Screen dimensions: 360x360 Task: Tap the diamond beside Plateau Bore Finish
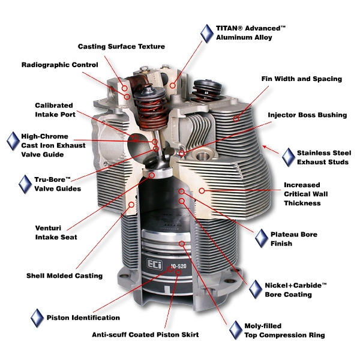point(262,238)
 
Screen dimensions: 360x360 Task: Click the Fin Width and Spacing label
point(301,79)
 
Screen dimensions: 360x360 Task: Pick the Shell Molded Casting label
point(64,276)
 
